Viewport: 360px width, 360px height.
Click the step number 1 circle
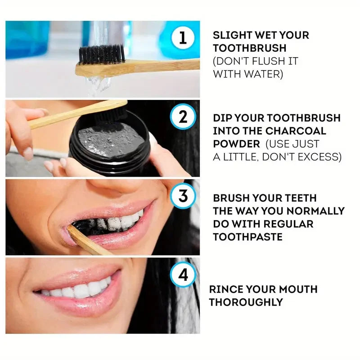[x=183, y=37]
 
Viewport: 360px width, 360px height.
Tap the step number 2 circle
[x=183, y=117]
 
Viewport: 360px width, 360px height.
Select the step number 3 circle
[x=183, y=197]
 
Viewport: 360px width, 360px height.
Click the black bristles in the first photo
[x=102, y=54]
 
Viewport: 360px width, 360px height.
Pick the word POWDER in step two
[x=236, y=144]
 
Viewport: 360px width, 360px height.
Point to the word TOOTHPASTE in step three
[x=247, y=237]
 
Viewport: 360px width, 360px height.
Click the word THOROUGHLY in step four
[x=246, y=302]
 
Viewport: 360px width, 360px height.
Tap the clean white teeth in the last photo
[x=76, y=290]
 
